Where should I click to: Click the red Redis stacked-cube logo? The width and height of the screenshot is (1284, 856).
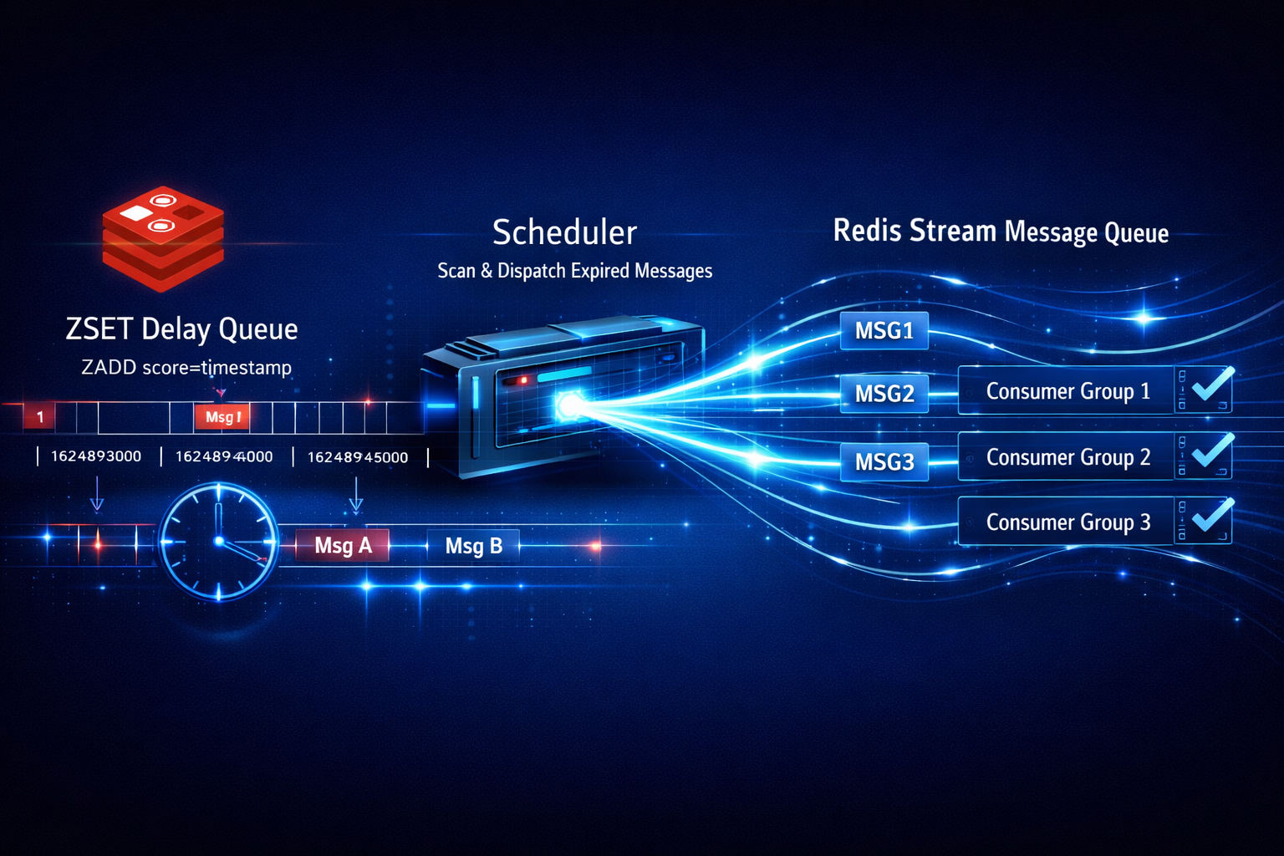[163, 238]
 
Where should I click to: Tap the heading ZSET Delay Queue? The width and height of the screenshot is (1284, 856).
[181, 329]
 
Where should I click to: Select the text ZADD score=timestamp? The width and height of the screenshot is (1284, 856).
[186, 367]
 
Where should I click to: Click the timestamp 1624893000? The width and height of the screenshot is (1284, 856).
[96, 456]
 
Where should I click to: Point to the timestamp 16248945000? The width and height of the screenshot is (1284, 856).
[358, 457]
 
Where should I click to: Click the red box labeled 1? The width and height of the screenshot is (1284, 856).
[39, 416]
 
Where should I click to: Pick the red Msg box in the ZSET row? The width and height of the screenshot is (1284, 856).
[222, 416]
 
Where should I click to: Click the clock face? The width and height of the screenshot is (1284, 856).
[219, 542]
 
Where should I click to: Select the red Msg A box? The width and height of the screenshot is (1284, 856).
[343, 546]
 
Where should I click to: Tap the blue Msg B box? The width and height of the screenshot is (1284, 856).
[473, 546]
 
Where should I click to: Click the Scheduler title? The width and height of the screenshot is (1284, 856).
[564, 232]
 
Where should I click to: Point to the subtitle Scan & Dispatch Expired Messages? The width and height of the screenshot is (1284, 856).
[575, 271]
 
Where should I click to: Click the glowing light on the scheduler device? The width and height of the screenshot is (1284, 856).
[571, 406]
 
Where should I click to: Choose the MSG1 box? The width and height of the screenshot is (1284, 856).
[884, 331]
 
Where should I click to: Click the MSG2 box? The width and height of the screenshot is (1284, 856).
[884, 393]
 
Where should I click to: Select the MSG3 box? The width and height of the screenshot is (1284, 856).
[884, 461]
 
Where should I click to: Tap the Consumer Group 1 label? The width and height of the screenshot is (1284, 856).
[1067, 391]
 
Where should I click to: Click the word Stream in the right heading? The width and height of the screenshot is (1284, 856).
[953, 231]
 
